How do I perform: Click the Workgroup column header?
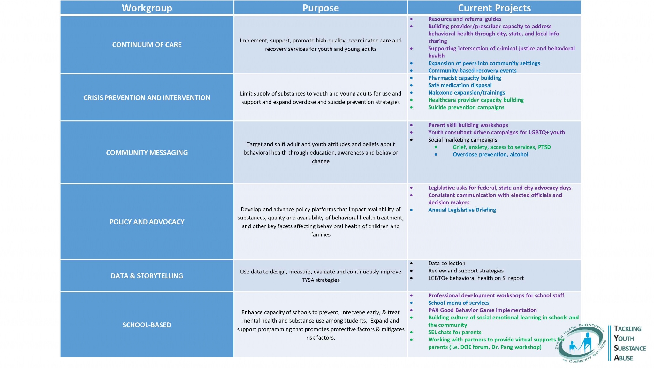tap(147, 8)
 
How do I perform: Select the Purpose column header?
tap(321, 8)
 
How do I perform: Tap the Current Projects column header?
tap(494, 8)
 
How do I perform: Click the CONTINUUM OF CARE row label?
tap(147, 45)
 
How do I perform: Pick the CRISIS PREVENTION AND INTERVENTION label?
tap(147, 98)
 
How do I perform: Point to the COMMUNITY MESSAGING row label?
tap(147, 153)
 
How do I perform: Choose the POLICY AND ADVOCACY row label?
tap(147, 222)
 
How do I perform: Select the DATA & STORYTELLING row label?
tap(147, 276)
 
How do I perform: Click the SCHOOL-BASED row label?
tap(147, 325)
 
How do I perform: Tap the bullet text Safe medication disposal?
tap(460, 85)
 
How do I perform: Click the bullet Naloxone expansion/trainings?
tap(467, 93)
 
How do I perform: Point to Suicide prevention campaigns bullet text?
tap(466, 107)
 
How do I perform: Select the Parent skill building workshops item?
tap(468, 125)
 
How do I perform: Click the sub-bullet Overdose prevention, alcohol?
tap(490, 155)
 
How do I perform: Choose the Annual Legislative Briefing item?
tap(462, 210)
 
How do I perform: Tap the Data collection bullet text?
tap(446, 263)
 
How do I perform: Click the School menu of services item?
tap(459, 303)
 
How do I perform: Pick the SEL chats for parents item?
tap(454, 332)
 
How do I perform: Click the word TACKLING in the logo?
tap(627, 329)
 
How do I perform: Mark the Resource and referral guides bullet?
tap(465, 19)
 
